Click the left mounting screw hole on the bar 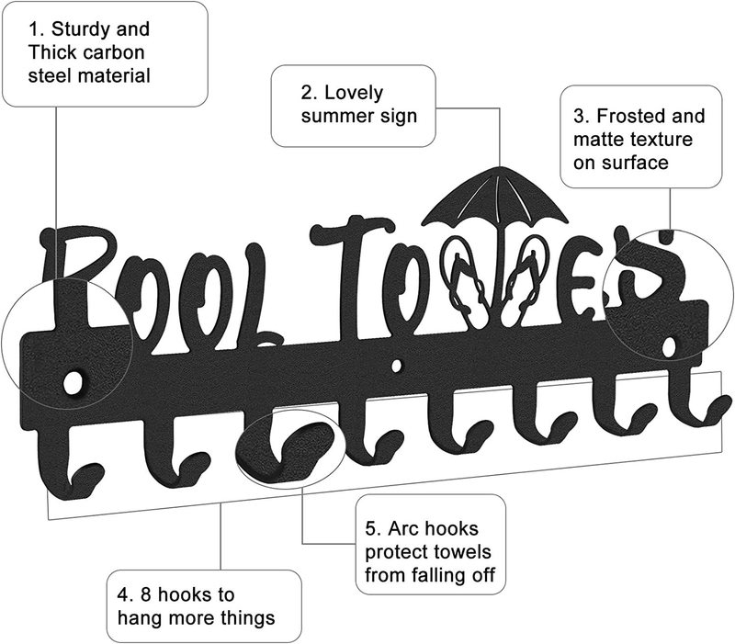[x=71, y=379]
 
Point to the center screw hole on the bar [x=396, y=366]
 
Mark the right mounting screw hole [x=671, y=346]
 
